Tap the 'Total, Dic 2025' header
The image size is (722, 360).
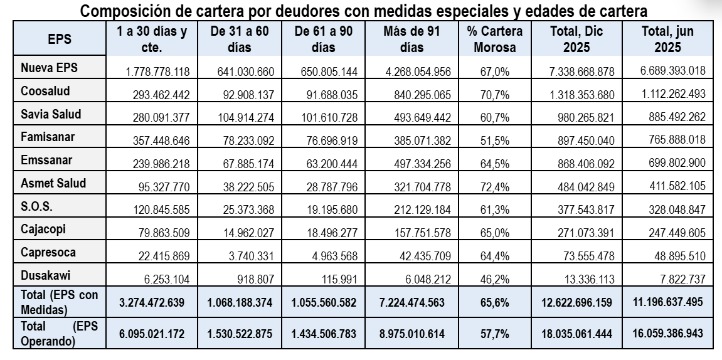(576, 39)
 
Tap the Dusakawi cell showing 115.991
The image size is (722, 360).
(337, 278)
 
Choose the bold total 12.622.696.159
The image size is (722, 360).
(576, 302)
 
